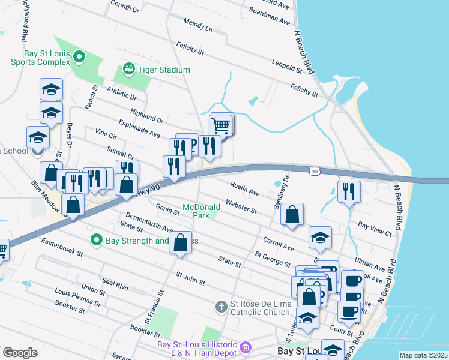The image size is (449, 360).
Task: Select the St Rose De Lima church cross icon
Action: [221, 307]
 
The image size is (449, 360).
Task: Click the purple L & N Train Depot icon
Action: [245, 347]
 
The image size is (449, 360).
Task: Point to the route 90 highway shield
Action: [315, 172]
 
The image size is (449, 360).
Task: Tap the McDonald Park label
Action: [202, 211]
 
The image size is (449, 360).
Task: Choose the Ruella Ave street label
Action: [245, 189]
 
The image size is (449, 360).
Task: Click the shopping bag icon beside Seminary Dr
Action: [292, 214]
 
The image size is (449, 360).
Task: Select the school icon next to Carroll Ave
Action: [321, 238]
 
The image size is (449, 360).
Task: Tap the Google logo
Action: [20, 352]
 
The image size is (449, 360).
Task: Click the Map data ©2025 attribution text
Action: [423, 355]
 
